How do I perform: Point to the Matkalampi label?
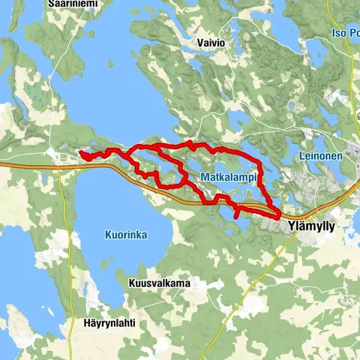(x=229, y=177)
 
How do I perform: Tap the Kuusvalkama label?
(x=159, y=283)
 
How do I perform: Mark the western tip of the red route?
(x=79, y=154)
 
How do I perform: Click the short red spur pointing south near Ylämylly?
(x=237, y=214)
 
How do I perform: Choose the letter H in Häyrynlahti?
(x=87, y=325)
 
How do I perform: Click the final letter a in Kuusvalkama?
(x=187, y=283)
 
